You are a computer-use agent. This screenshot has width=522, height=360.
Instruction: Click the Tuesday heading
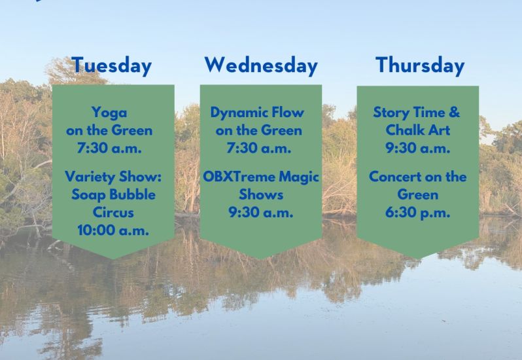click(111, 66)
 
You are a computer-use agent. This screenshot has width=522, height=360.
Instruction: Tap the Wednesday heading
click(261, 65)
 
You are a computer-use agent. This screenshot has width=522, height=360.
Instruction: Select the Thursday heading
click(420, 66)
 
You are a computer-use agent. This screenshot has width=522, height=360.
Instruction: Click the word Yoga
click(109, 113)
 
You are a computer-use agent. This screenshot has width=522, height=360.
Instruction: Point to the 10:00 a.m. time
click(113, 230)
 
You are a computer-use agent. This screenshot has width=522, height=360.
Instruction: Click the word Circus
click(113, 213)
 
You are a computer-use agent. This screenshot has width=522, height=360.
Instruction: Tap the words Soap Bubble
click(114, 195)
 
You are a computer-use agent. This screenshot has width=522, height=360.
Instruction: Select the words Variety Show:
click(113, 177)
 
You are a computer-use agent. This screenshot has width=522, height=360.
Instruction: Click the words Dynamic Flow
click(257, 113)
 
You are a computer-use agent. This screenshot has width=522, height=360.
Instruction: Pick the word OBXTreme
click(239, 177)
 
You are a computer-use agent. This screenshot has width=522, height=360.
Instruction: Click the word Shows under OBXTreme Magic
click(261, 194)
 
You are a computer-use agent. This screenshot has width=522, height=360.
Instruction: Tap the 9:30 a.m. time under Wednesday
click(261, 213)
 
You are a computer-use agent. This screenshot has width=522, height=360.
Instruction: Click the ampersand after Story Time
click(454, 112)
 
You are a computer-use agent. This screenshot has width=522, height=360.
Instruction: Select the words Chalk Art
click(418, 130)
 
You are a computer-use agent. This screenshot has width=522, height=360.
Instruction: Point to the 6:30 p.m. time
click(418, 213)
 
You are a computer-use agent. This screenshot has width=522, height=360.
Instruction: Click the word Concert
click(395, 177)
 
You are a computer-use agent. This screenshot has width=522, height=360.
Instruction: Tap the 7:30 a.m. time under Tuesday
click(109, 148)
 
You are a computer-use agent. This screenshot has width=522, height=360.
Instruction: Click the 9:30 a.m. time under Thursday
click(418, 148)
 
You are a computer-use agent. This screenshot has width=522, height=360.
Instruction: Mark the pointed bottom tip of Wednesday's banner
click(260, 259)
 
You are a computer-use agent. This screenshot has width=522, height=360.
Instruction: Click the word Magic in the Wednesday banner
click(299, 177)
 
